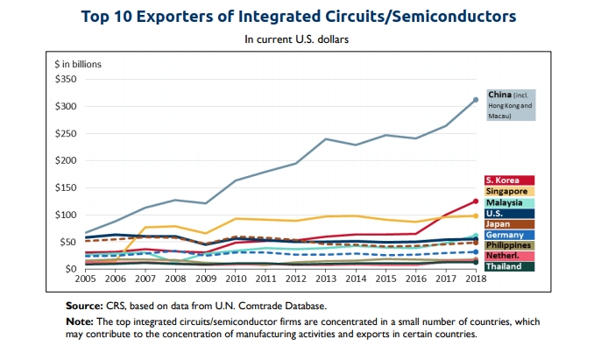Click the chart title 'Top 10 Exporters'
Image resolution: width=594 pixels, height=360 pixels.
297,16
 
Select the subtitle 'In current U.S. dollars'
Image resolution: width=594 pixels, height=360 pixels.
297,39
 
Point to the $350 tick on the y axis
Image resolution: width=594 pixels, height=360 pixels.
65,79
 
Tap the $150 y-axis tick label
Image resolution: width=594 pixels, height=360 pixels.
65,187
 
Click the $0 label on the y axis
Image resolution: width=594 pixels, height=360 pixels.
70,269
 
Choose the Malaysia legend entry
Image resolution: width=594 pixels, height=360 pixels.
510,202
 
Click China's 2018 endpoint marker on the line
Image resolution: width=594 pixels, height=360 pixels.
476,100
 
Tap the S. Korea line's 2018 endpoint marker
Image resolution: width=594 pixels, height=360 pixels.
476,201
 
